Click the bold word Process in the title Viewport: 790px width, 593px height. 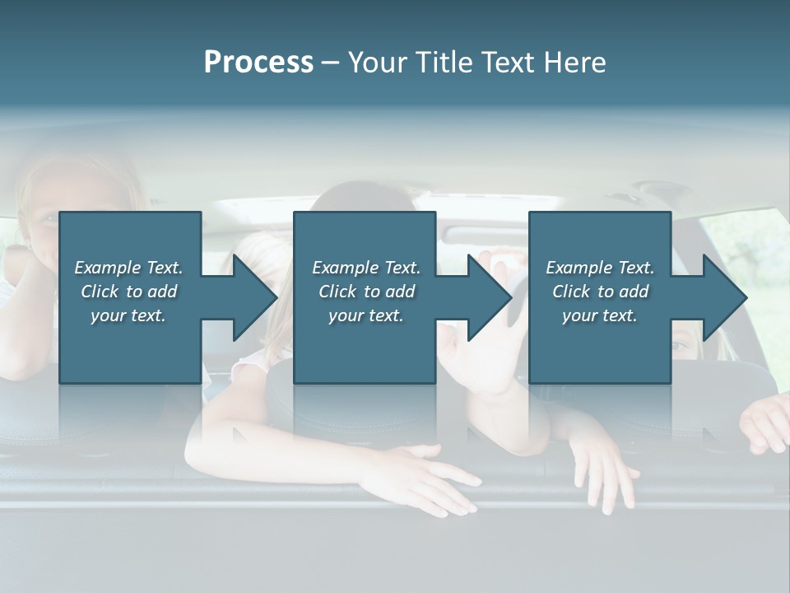tap(258, 63)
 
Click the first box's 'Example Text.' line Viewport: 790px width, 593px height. tap(128, 268)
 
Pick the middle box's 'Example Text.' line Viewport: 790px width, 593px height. tap(366, 268)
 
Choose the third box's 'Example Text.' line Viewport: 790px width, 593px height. tap(600, 268)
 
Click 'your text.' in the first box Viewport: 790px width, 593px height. tap(128, 315)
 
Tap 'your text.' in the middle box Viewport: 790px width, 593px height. tap(366, 315)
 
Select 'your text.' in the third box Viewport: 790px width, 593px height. tap(600, 315)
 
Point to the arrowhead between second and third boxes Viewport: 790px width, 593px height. tap(488, 297)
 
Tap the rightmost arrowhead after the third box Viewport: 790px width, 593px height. tap(723, 297)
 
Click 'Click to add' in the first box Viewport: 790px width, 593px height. tap(128, 292)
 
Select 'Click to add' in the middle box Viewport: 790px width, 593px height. tap(366, 292)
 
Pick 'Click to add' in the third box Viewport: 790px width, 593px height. tap(600, 292)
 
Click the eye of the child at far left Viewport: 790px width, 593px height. tap(49, 218)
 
